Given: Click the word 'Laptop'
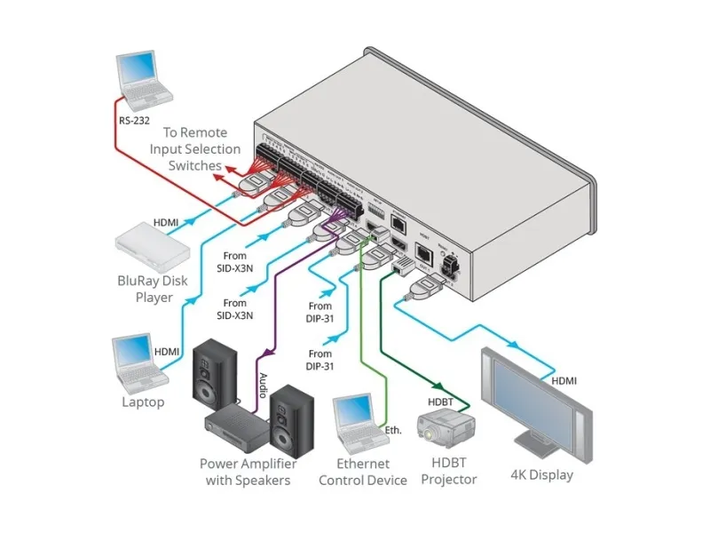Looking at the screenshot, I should tap(143, 402).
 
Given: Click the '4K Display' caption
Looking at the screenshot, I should tap(541, 474).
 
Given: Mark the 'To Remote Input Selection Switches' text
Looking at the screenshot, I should tap(194, 148).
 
